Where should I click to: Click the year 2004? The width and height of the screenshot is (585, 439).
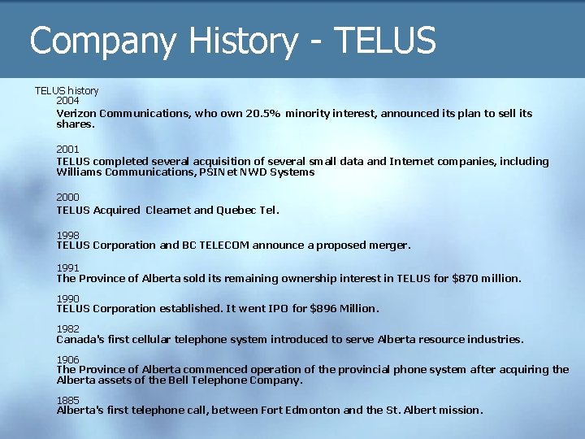point(67,101)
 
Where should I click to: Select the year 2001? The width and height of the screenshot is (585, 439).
point(67,150)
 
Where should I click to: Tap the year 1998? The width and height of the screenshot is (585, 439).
point(67,235)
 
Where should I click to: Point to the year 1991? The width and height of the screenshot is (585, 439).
point(67,267)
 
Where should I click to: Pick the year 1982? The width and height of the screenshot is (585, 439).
point(67,329)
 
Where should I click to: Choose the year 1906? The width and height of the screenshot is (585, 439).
point(67,359)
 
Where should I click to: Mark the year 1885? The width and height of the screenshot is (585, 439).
point(67,400)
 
